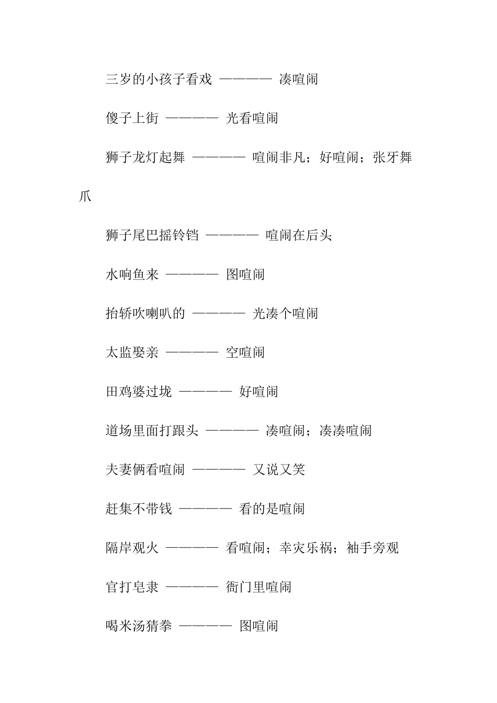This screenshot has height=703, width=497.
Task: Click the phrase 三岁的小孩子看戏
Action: pyautogui.click(x=159, y=80)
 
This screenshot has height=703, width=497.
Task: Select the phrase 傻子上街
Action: pyautogui.click(x=132, y=119)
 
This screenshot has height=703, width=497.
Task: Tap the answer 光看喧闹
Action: pyautogui.click(x=252, y=119)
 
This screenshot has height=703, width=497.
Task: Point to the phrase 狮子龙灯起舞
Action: pyautogui.click(x=145, y=157)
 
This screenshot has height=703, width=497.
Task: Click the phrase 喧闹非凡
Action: pyautogui.click(x=278, y=157)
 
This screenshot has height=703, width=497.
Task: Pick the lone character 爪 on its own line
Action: pyautogui.click(x=85, y=197)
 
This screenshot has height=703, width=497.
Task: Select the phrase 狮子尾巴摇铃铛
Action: pyautogui.click(x=152, y=235)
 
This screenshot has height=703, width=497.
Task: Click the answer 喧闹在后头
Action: pyautogui.click(x=299, y=235)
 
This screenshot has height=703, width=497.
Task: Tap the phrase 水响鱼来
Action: pyautogui.click(x=132, y=275)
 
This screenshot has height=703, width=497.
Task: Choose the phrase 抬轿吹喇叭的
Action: pyautogui.click(x=145, y=314)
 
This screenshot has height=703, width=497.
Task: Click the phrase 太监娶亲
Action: pyautogui.click(x=132, y=353)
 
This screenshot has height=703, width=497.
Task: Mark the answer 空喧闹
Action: pyautogui.click(x=245, y=353)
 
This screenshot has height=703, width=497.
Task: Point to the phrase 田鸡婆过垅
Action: pyautogui.click(x=139, y=392)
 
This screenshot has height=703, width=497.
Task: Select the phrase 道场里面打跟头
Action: pyautogui.click(x=152, y=431)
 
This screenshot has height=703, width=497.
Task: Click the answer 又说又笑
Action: pyautogui.click(x=279, y=470)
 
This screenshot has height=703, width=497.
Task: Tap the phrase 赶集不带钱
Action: pyautogui.click(x=139, y=509)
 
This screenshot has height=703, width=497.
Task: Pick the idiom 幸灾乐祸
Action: pyautogui.click(x=305, y=548)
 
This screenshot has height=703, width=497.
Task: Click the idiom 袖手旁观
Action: pyautogui.click(x=372, y=548)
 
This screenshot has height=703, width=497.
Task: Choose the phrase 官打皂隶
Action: pyautogui.click(x=132, y=587)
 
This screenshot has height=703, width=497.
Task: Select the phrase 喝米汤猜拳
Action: pyautogui.click(x=139, y=626)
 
